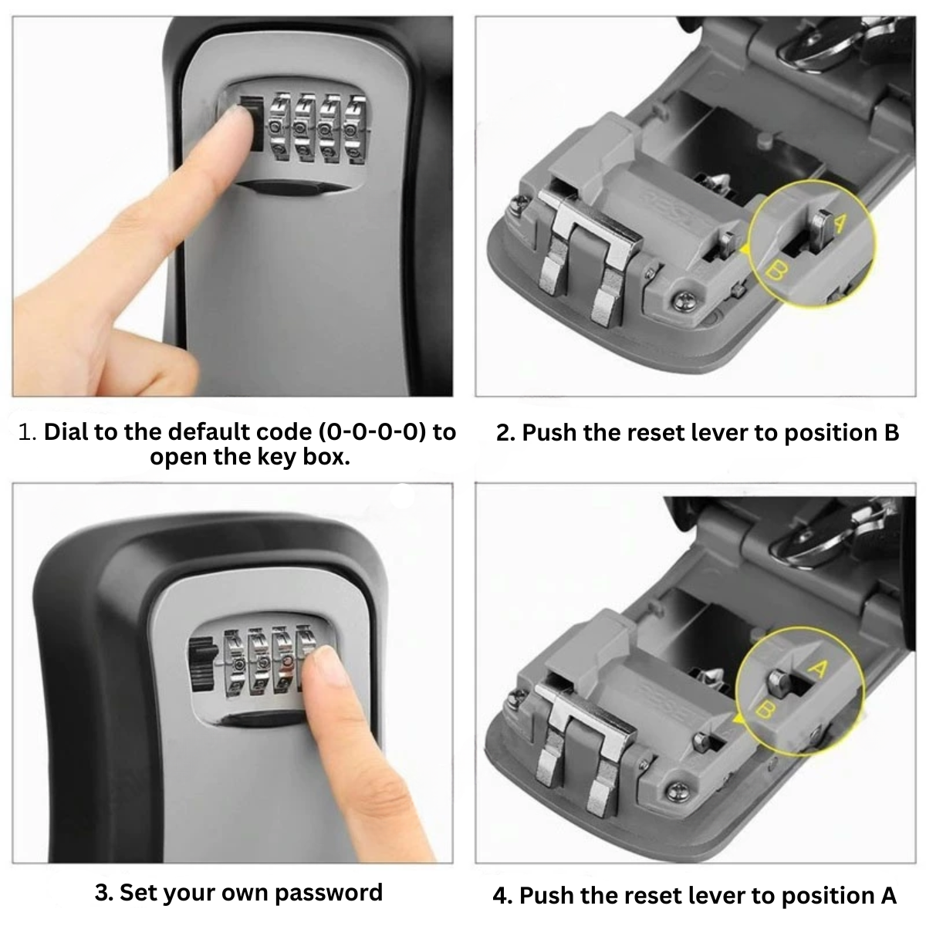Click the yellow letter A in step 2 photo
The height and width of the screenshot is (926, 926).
click(x=840, y=223)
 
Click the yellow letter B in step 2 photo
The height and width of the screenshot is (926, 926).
click(x=775, y=271)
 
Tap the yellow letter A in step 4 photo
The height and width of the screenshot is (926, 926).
click(x=819, y=668)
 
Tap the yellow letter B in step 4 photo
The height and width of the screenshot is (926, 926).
click(x=765, y=709)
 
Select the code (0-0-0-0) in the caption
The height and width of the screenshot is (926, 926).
click(x=373, y=432)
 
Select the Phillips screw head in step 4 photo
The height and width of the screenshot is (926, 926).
click(x=678, y=790)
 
